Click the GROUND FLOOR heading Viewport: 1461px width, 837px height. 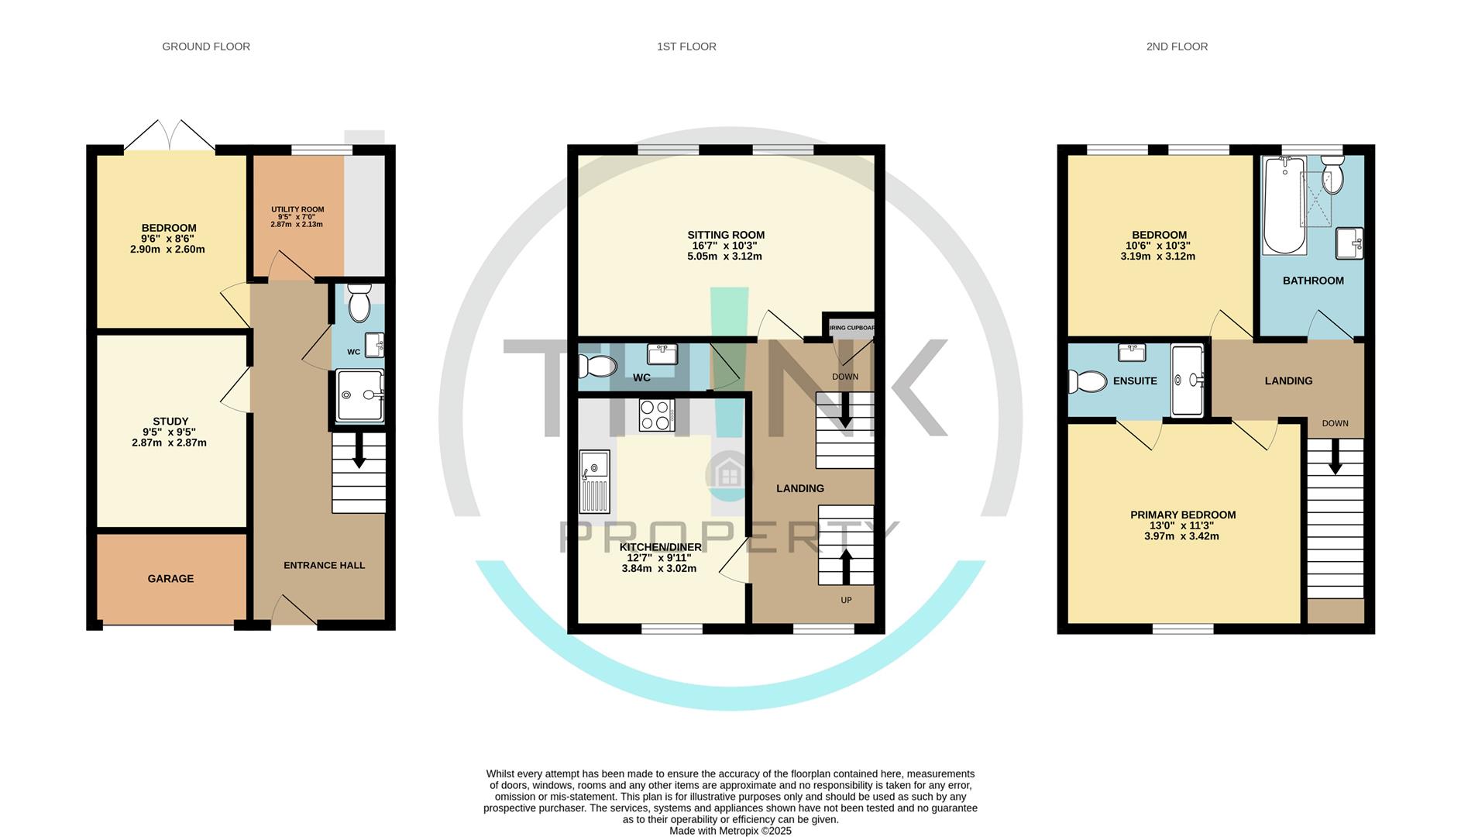206,46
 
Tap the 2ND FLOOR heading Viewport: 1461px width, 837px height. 1177,46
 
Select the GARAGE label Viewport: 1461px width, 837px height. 170,579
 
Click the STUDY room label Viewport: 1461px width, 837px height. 170,422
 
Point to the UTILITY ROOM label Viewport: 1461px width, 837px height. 297,209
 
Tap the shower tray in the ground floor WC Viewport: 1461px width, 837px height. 360,395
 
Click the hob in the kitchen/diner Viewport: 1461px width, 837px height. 656,415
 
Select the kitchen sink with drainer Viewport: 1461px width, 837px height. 595,482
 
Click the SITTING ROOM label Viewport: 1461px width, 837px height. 726,235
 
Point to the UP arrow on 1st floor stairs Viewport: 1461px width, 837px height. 845,566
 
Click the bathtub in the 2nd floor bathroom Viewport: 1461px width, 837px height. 1284,205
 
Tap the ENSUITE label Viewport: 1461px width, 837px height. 1135,381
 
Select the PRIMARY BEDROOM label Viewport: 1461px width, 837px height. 1183,515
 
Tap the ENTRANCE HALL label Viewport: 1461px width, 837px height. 324,566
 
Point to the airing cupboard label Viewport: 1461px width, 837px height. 852,328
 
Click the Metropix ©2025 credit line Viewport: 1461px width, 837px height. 730,831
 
